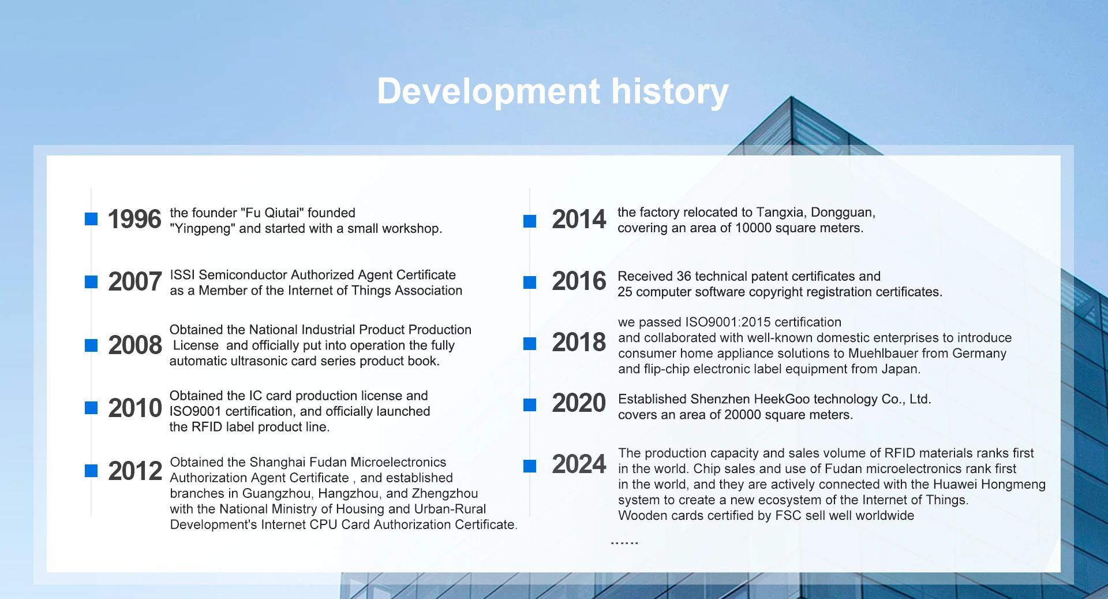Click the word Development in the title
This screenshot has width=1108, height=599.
point(489,92)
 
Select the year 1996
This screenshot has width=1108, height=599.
point(134,219)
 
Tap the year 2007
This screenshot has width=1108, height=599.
point(134,282)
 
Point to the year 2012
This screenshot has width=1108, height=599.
point(135,471)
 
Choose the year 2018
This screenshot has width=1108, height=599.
point(579,342)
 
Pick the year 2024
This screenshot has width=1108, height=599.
point(579,464)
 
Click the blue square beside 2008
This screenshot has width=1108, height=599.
point(91,345)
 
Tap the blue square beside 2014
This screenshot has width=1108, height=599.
point(530,221)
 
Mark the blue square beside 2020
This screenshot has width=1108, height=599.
point(530,405)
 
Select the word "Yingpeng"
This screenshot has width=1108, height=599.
point(203,229)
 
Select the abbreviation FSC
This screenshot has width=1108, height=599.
point(788,516)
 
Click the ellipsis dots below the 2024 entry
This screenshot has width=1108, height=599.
point(624,543)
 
